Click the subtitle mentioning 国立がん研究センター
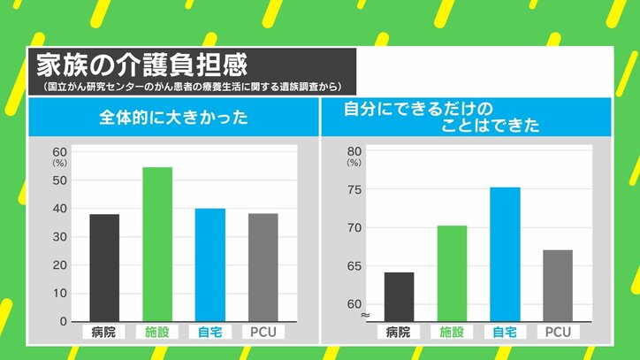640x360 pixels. click(x=192, y=87)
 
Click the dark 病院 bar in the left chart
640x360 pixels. click(x=104, y=267)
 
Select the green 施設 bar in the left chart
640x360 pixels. click(x=157, y=244)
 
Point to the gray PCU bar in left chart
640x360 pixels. click(x=263, y=267)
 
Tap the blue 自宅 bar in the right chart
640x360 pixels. click(x=505, y=254)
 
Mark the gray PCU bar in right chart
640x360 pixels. click(x=558, y=286)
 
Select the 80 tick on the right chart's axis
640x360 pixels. click(x=354, y=151)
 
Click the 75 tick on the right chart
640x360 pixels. click(x=354, y=189)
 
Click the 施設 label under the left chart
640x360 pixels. click(x=157, y=333)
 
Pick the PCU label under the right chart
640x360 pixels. click(x=558, y=333)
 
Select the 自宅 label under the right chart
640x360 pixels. click(x=505, y=333)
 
